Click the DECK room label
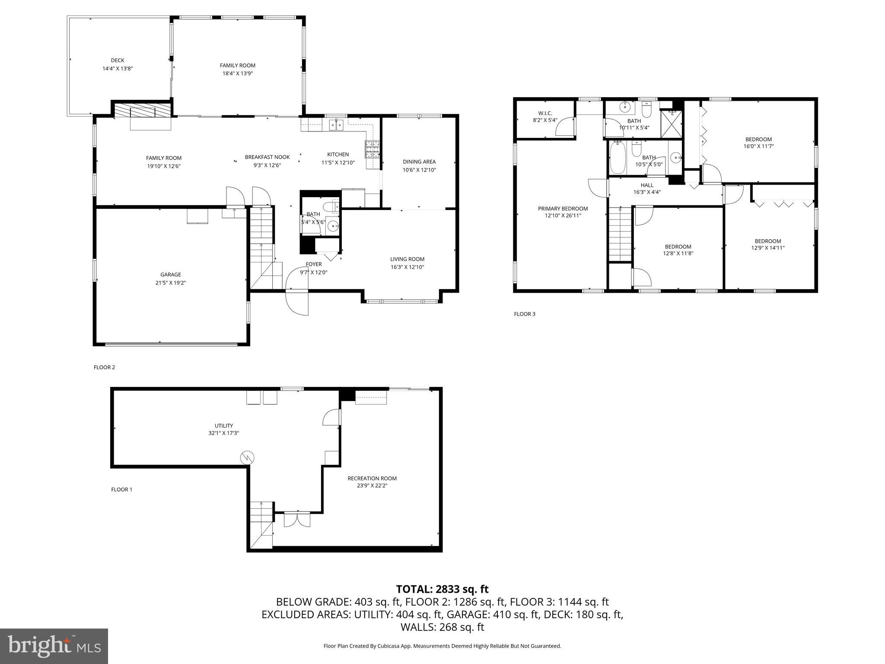(x=117, y=61)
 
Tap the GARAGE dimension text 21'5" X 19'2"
(x=170, y=283)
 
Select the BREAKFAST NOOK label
(x=267, y=157)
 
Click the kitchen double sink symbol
(x=336, y=125)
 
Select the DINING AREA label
(x=419, y=162)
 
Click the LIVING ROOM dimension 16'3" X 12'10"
(x=407, y=267)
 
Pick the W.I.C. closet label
(x=545, y=113)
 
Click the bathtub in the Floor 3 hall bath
(x=617, y=158)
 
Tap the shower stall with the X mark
(x=672, y=123)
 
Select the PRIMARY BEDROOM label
(x=563, y=208)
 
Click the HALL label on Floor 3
(x=647, y=185)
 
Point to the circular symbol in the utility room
(x=248, y=457)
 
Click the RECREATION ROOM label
(x=372, y=478)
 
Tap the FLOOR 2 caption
(x=104, y=367)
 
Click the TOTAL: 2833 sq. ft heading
(x=442, y=589)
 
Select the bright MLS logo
(x=54, y=646)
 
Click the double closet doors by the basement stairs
(x=297, y=519)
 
